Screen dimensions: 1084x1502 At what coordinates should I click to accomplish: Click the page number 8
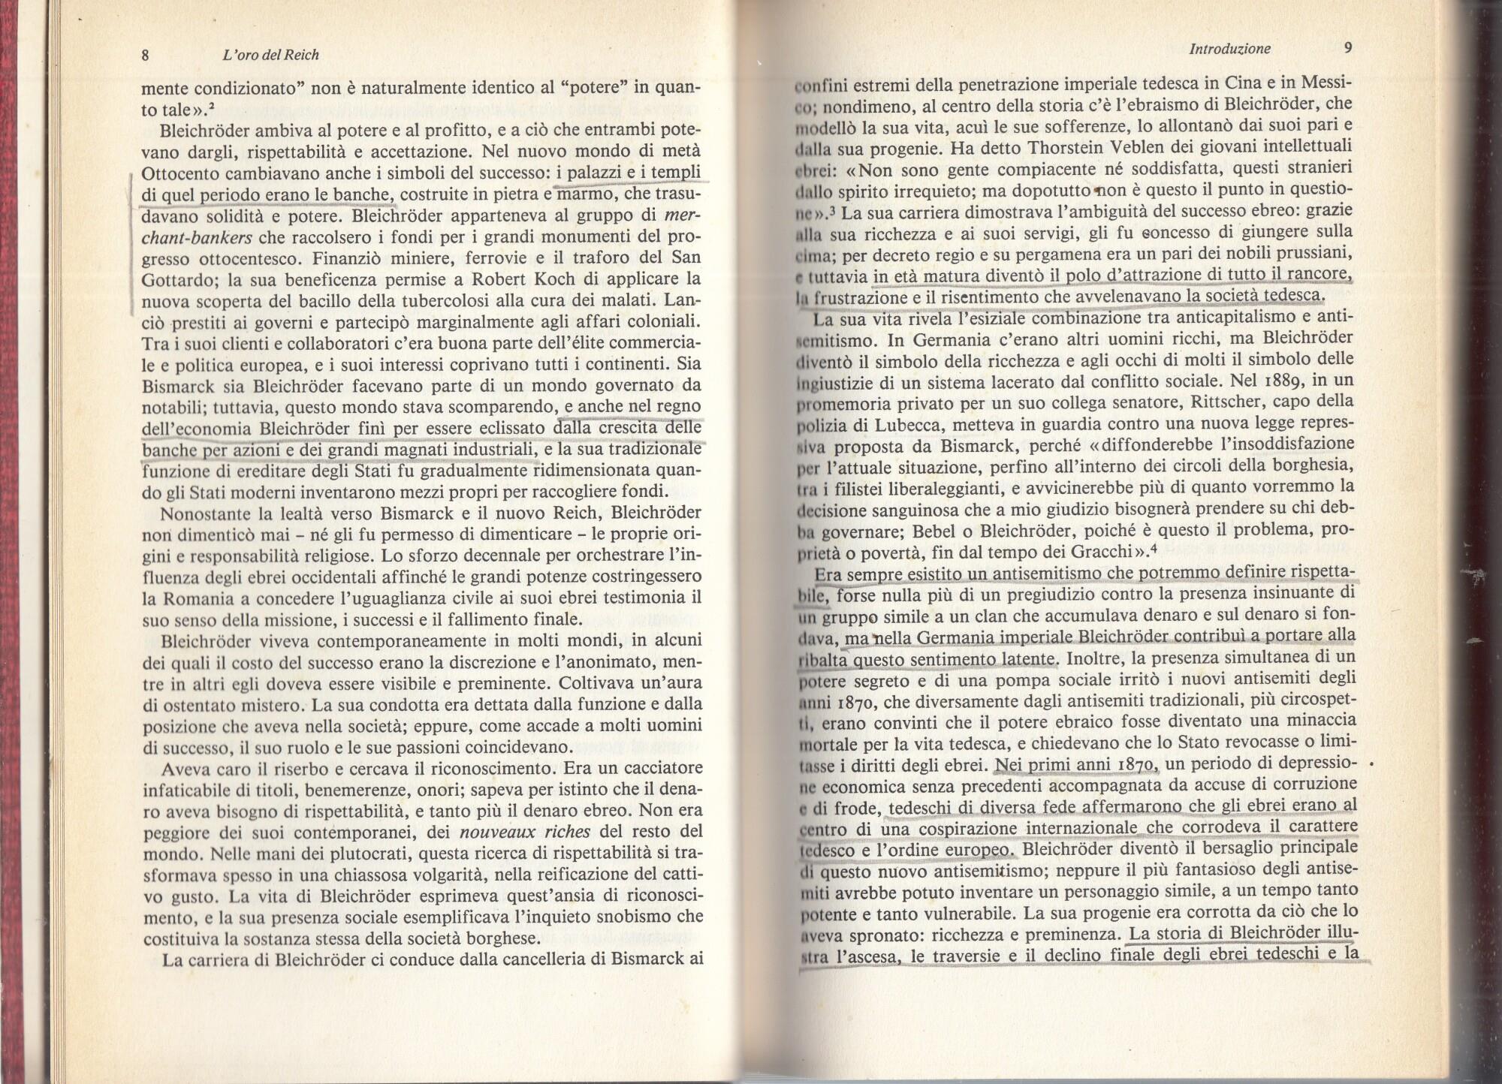coord(146,55)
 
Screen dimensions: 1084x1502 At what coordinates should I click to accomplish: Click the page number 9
coord(1348,48)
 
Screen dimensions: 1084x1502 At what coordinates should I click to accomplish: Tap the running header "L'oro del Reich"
coord(271,55)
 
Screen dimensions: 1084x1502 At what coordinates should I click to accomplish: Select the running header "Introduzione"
coord(1229,49)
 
